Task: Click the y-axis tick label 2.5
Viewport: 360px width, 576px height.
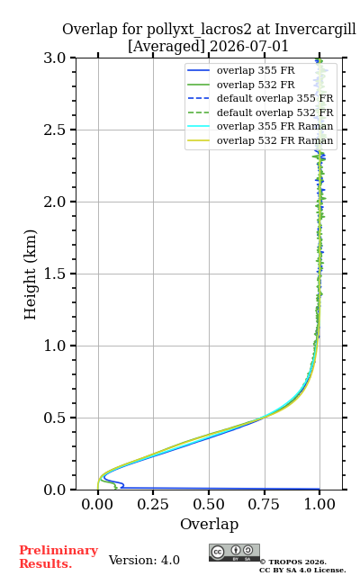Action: tap(55, 130)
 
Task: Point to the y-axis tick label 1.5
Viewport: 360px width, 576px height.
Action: tap(55, 274)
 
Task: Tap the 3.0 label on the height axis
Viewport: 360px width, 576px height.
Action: tap(55, 58)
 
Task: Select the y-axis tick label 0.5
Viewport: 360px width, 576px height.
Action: tap(55, 418)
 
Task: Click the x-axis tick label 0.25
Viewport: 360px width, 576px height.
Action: tap(153, 504)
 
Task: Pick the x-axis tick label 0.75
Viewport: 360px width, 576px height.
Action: tap(264, 504)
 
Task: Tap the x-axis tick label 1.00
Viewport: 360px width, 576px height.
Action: tap(319, 504)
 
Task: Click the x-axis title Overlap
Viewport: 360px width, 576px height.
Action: tap(210, 524)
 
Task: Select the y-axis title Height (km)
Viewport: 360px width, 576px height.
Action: tap(31, 274)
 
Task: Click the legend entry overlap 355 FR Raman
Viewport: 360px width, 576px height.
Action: tap(274, 126)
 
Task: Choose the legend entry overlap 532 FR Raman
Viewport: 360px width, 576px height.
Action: tap(274, 140)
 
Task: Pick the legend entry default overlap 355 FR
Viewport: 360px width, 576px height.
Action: tap(274, 98)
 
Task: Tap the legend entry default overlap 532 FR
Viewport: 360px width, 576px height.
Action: tap(274, 112)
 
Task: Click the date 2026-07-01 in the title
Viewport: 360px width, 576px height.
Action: tap(249, 47)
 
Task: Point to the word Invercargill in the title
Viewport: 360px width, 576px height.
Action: tap(316, 30)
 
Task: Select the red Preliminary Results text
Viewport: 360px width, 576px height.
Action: tap(58, 557)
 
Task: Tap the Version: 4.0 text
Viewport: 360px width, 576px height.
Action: tap(144, 560)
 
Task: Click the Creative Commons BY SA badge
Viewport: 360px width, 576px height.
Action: tap(234, 553)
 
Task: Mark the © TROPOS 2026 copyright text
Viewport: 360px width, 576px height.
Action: tap(293, 562)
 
